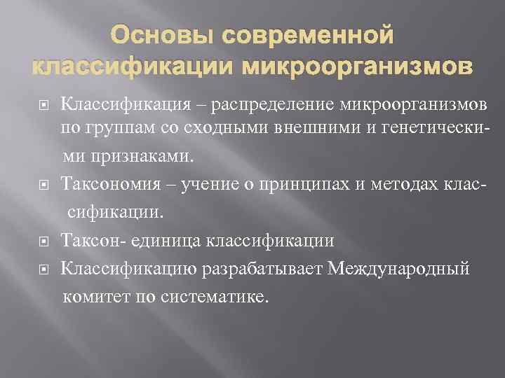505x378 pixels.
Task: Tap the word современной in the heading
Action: click(307, 34)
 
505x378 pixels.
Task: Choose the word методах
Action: click(388, 184)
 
